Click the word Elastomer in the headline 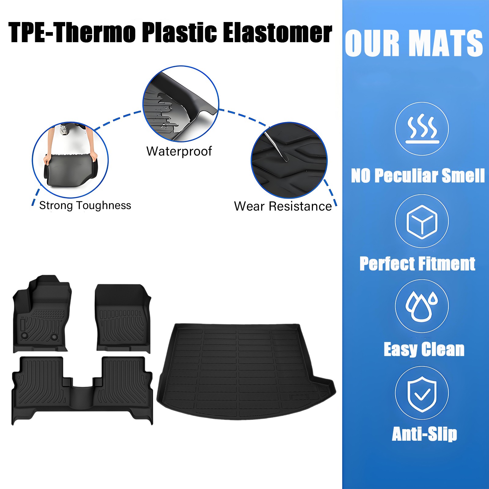click(277, 33)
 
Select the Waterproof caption click(179, 151)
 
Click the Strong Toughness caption click(85, 205)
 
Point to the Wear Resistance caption click(283, 206)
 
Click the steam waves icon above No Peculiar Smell click(422, 129)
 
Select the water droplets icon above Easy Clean click(422, 306)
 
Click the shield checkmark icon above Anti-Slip click(422, 393)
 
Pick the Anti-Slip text click(424, 434)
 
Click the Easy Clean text click(424, 349)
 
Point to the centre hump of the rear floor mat click(82, 394)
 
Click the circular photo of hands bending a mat click(70, 160)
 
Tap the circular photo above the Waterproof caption click(181, 104)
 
